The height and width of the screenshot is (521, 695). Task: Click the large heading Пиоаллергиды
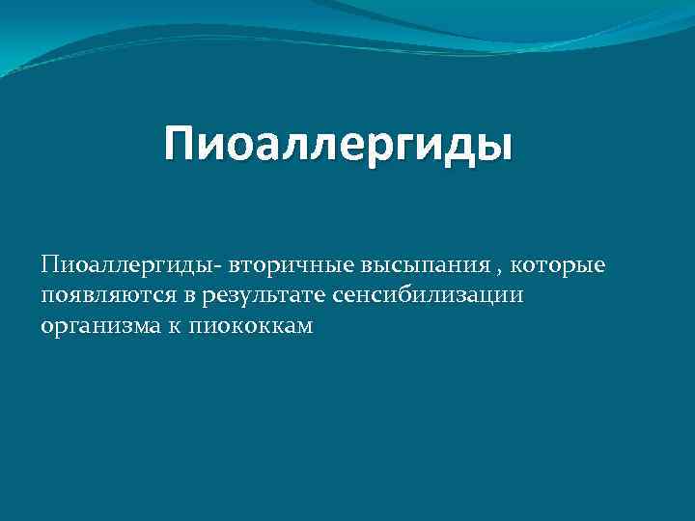coord(339,146)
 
